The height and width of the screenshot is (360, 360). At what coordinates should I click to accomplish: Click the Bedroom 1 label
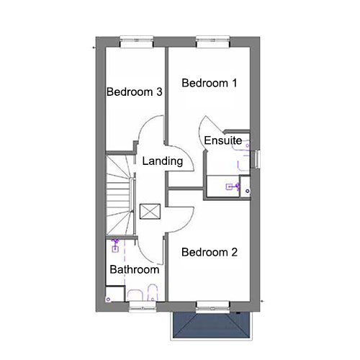point(210,83)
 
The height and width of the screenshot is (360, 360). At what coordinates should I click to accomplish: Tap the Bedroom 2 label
point(210,252)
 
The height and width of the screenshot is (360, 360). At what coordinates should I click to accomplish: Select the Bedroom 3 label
point(135,91)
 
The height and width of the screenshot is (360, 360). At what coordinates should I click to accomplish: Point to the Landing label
point(163,161)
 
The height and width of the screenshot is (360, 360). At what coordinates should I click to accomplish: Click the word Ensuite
point(223,140)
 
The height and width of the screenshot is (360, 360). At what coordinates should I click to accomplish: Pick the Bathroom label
point(135,269)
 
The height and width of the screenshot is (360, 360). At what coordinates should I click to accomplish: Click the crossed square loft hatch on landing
point(150,211)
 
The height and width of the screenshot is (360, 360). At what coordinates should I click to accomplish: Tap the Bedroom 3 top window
point(137,42)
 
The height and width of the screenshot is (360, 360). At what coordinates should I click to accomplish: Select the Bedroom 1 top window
point(213,42)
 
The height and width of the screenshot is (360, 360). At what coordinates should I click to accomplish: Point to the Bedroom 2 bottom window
point(213,307)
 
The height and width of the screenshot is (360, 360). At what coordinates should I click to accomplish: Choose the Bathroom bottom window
point(143,307)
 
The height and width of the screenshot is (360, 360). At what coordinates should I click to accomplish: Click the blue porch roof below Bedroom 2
point(212,325)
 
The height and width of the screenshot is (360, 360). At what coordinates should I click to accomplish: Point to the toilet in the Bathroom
point(152,292)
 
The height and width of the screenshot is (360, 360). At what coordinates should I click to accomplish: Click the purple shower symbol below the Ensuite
point(233,186)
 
